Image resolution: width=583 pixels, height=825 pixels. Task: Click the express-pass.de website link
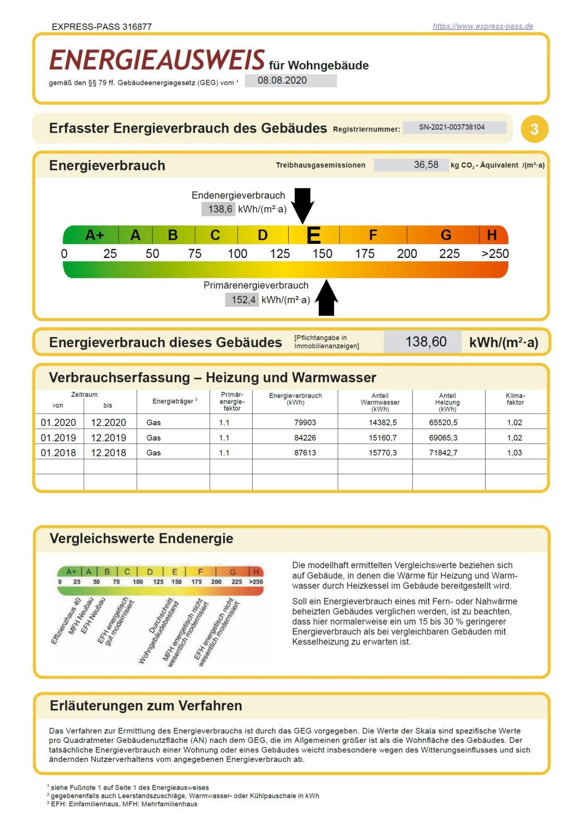tap(483, 26)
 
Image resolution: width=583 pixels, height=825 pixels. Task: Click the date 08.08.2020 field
tap(290, 81)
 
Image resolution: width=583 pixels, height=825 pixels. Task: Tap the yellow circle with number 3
tap(534, 129)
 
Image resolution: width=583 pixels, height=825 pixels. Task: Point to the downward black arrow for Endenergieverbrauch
tap(302, 206)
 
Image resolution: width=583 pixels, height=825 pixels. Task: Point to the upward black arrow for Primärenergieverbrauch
tap(326, 297)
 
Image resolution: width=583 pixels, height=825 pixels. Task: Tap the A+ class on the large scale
tap(95, 235)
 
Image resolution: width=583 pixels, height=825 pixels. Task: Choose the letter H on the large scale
tap(492, 235)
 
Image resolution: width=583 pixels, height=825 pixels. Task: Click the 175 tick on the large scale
tap(365, 254)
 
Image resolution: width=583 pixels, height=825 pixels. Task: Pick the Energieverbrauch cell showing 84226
tap(305, 438)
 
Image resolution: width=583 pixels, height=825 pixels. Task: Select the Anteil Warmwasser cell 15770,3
tap(383, 453)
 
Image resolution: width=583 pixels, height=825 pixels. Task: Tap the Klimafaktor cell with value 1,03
tap(515, 453)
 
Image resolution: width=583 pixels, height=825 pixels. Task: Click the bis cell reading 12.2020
tap(109, 422)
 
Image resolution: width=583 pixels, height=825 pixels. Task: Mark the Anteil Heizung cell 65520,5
tap(443, 422)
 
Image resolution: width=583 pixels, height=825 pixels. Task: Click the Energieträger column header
tap(174, 401)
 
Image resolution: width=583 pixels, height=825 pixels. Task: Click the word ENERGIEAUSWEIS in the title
tap(157, 60)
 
